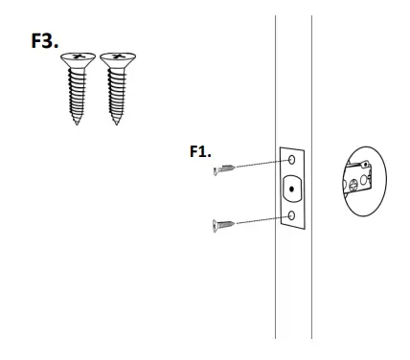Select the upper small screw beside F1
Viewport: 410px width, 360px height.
coord(225,169)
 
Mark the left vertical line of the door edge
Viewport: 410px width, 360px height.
coord(276,287)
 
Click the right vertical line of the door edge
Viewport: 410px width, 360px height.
coord(310,287)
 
